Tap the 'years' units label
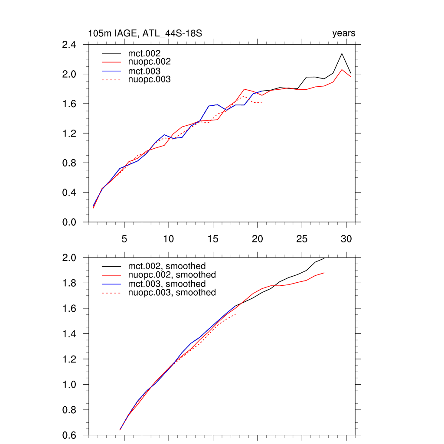[344, 33]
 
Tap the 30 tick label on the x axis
[346, 239]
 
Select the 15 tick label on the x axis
[213, 239]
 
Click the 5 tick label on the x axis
[124, 239]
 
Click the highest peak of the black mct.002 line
[342, 53]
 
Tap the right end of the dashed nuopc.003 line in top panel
[263, 102]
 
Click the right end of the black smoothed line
[324, 258]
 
